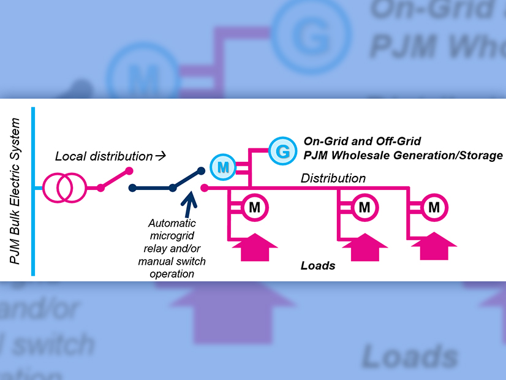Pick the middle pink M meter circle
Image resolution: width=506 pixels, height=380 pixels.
click(x=364, y=207)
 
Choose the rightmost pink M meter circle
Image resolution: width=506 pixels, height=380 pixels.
click(x=434, y=207)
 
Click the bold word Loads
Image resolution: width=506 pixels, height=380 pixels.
click(x=318, y=266)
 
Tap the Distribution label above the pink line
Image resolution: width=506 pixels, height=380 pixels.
click(x=333, y=178)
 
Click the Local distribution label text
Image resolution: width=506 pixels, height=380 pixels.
click(x=104, y=156)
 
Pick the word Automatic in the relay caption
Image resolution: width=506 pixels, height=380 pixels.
click(x=172, y=224)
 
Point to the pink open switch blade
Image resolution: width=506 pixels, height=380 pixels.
click(x=115, y=180)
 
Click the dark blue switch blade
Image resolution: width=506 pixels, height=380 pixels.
click(x=187, y=180)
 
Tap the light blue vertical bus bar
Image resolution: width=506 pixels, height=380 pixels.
click(x=32, y=191)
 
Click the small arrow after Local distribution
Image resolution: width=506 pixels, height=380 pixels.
click(x=160, y=156)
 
